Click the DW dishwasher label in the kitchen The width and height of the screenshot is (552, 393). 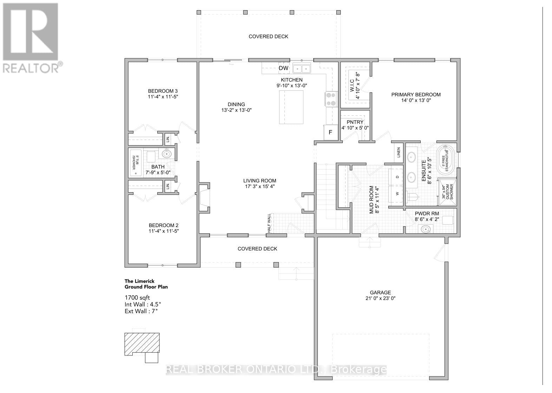(283, 68)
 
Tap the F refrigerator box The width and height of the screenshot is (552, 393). (330, 133)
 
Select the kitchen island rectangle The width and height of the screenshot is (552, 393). (291, 107)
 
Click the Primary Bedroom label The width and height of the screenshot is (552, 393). (416, 95)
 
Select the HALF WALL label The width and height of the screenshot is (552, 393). (269, 223)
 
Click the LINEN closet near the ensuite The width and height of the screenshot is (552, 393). (399, 153)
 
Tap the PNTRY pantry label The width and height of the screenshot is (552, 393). (355, 122)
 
